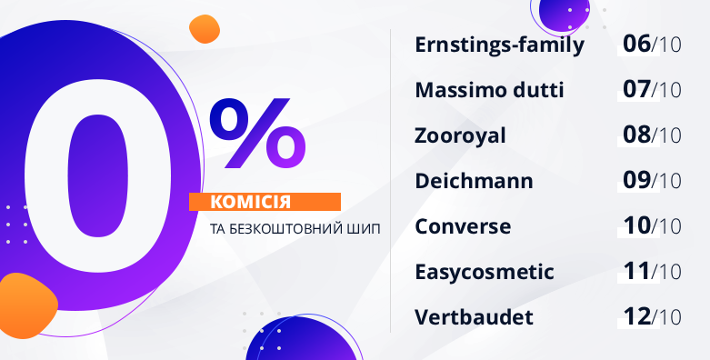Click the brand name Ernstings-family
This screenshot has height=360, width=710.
[x=499, y=45]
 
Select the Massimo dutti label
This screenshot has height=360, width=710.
[x=489, y=90]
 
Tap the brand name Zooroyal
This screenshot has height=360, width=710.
[x=460, y=135]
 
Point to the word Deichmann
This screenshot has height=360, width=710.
[x=474, y=181]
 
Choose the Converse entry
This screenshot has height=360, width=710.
[x=463, y=226]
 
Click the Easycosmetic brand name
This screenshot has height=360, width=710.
[x=485, y=272]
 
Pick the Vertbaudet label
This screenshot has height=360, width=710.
[x=474, y=317]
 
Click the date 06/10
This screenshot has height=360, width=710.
[x=652, y=45]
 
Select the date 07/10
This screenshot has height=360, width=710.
[x=652, y=90]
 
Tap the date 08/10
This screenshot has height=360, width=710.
[x=652, y=135]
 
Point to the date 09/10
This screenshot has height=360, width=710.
[x=652, y=181]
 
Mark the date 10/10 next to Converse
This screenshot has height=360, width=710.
[x=652, y=226]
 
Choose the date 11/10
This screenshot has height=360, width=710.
[x=652, y=271]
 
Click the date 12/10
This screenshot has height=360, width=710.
[x=652, y=317]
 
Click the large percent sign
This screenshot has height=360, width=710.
[x=257, y=133]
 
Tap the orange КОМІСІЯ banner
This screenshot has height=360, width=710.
[x=265, y=202]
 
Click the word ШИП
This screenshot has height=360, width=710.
[x=367, y=229]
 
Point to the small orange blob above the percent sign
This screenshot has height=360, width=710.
[x=205, y=29]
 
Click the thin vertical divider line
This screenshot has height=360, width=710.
[x=390, y=181]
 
